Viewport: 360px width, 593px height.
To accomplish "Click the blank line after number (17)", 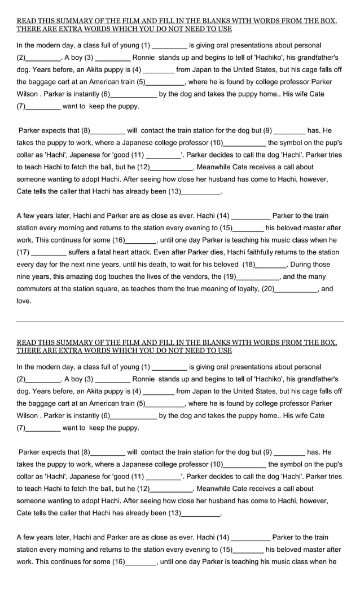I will coord(50,253).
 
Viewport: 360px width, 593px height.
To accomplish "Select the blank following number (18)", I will coord(271,266).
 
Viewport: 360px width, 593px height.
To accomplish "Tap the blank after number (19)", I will coord(257,278).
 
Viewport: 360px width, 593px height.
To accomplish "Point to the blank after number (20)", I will coord(296,290).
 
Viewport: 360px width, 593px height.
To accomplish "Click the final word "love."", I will coord(24,301).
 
